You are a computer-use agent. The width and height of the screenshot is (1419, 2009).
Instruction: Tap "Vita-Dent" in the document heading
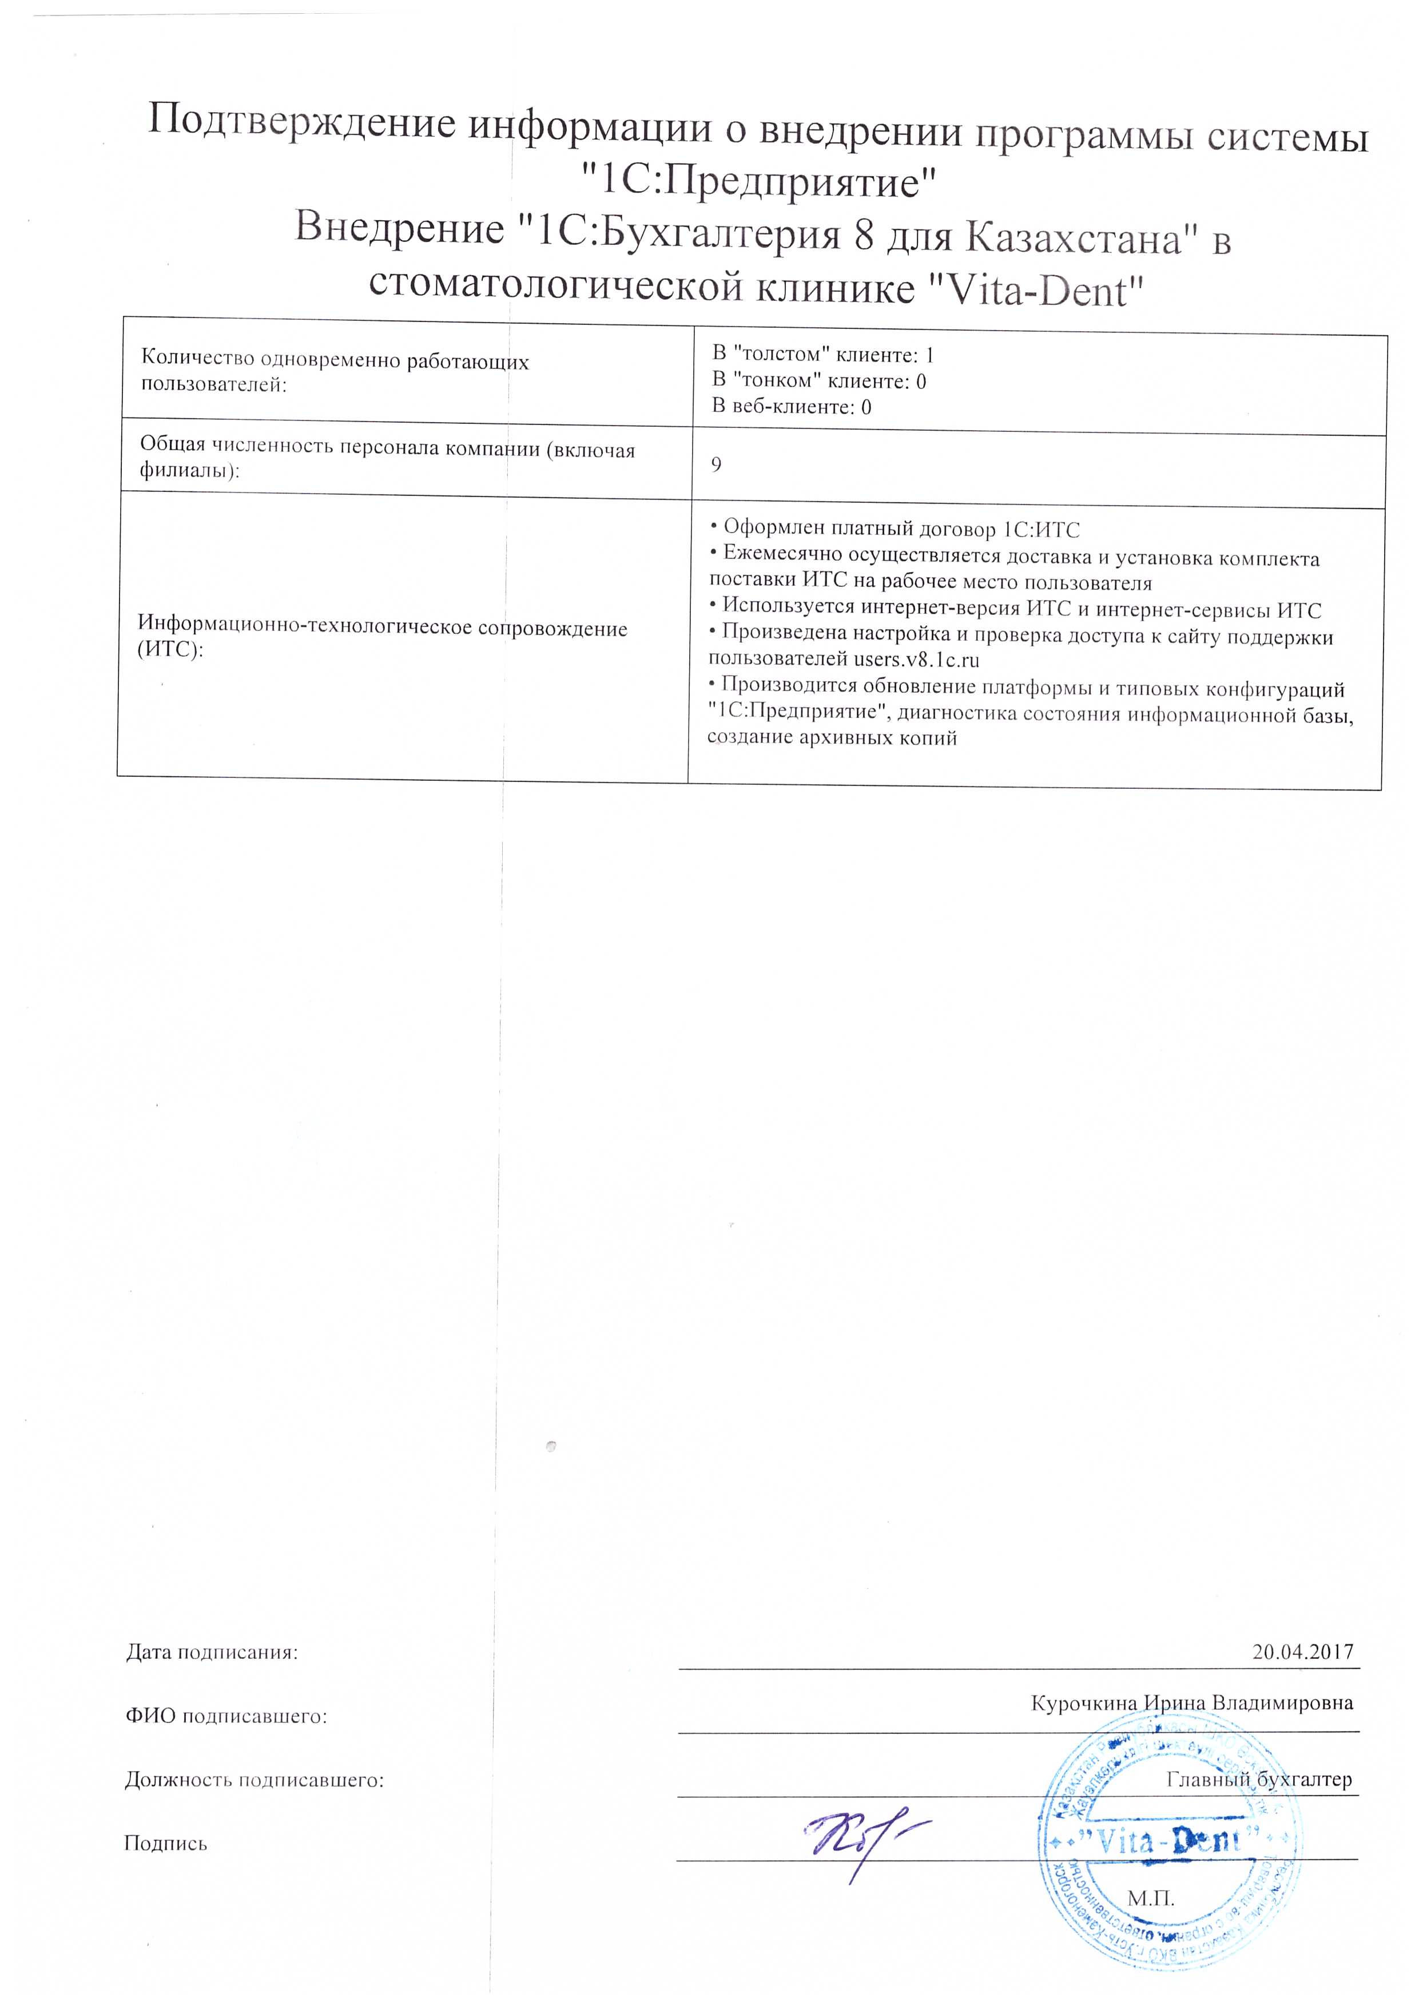[1035, 289]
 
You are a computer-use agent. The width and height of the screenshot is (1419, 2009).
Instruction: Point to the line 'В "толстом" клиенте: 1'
[822, 354]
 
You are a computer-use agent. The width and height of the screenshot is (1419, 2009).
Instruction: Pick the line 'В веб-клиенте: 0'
[791, 406]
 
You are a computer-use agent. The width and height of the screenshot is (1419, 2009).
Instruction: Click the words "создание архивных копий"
[831, 737]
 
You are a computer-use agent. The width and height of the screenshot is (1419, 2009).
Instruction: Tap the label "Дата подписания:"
[212, 1653]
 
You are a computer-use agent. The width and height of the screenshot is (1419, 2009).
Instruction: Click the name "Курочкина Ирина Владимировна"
[1191, 1704]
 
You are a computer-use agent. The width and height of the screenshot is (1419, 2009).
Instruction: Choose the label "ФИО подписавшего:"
[226, 1717]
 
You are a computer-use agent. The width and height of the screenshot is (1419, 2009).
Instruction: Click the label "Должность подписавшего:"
[254, 1781]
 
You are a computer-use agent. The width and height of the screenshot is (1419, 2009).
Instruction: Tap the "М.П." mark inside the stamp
[1150, 1899]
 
